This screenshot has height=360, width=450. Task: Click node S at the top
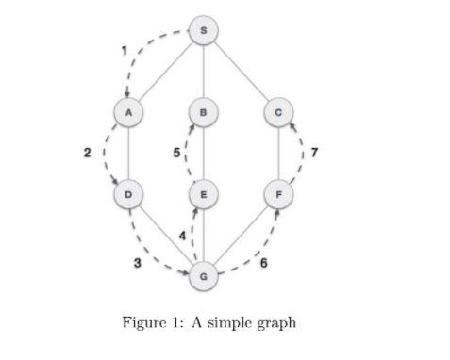(205, 31)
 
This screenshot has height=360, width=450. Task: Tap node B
(204, 113)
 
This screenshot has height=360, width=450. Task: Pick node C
(278, 113)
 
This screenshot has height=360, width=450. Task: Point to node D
(128, 195)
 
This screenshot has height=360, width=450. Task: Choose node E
(204, 195)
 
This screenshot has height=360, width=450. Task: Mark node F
(278, 195)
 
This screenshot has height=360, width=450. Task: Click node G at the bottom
(204, 276)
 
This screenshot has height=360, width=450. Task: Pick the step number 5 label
(176, 152)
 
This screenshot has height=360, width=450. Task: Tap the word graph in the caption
(277, 324)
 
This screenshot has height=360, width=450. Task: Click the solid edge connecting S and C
(242, 72)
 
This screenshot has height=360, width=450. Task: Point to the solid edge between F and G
(242, 236)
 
